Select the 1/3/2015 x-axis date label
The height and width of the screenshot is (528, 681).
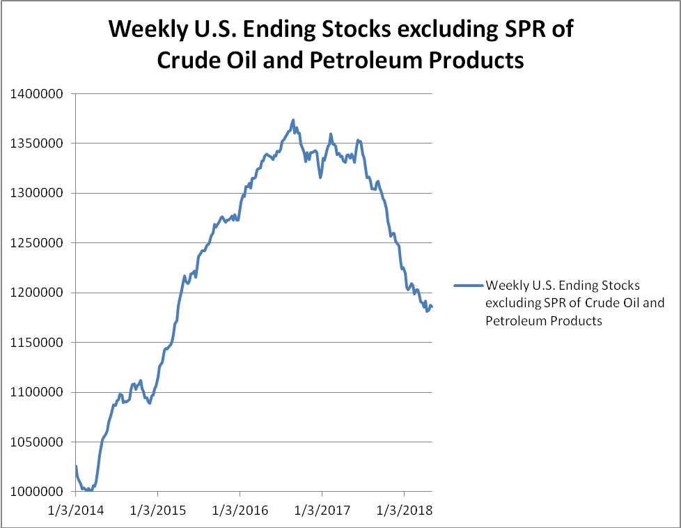pyautogui.click(x=159, y=511)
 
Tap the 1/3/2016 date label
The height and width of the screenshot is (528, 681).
pyautogui.click(x=240, y=511)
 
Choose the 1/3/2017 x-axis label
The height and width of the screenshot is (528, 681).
pyautogui.click(x=322, y=511)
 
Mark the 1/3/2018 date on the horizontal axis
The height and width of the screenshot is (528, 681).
pyautogui.click(x=404, y=511)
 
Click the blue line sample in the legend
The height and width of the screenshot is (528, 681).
pyautogui.click(x=468, y=286)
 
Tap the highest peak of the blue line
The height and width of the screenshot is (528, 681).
pyautogui.click(x=293, y=120)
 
